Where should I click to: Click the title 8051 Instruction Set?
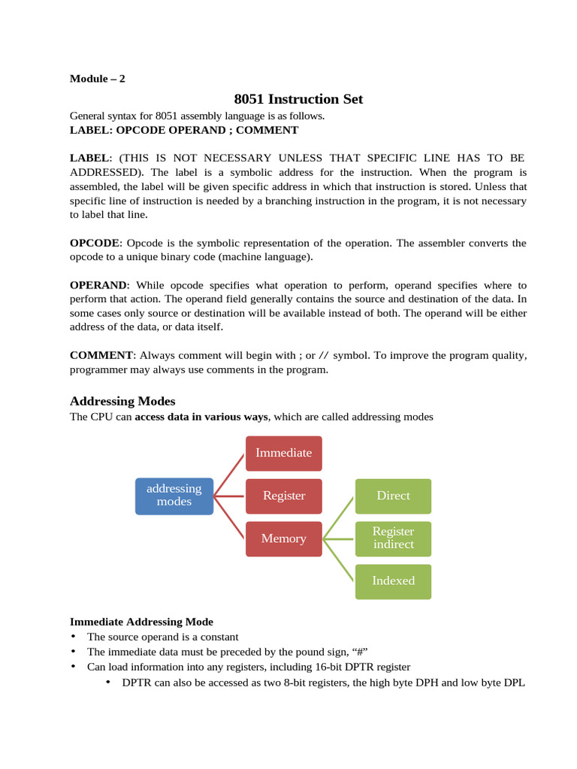[x=298, y=99]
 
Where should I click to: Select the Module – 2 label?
[x=98, y=79]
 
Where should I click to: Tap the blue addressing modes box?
[x=174, y=496]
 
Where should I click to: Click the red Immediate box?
[x=284, y=453]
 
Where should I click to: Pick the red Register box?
[x=284, y=496]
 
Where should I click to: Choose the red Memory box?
[x=284, y=538]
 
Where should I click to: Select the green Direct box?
[x=393, y=496]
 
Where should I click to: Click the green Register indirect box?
[x=393, y=538]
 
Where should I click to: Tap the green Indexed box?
[x=393, y=581]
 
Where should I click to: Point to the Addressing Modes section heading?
[x=122, y=401]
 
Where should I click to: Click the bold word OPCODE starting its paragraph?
[x=95, y=243]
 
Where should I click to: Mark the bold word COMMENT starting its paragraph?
[x=101, y=355]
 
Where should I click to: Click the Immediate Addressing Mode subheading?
[x=141, y=622]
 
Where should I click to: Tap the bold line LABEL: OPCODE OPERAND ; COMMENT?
[x=184, y=130]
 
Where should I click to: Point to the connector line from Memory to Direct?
[x=339, y=517]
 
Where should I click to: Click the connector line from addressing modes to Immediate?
[x=230, y=475]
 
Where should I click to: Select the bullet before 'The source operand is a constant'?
[x=74, y=637]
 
